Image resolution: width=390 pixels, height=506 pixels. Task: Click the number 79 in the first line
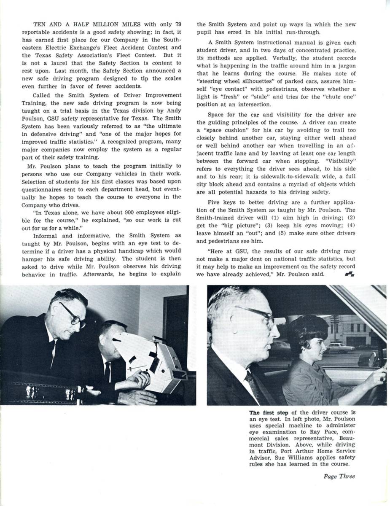pyautogui.click(x=178, y=24)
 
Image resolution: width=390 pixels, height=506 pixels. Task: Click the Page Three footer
pyautogui.click(x=339, y=476)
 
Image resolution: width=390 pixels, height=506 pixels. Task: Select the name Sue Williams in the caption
pyautogui.click(x=306, y=458)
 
